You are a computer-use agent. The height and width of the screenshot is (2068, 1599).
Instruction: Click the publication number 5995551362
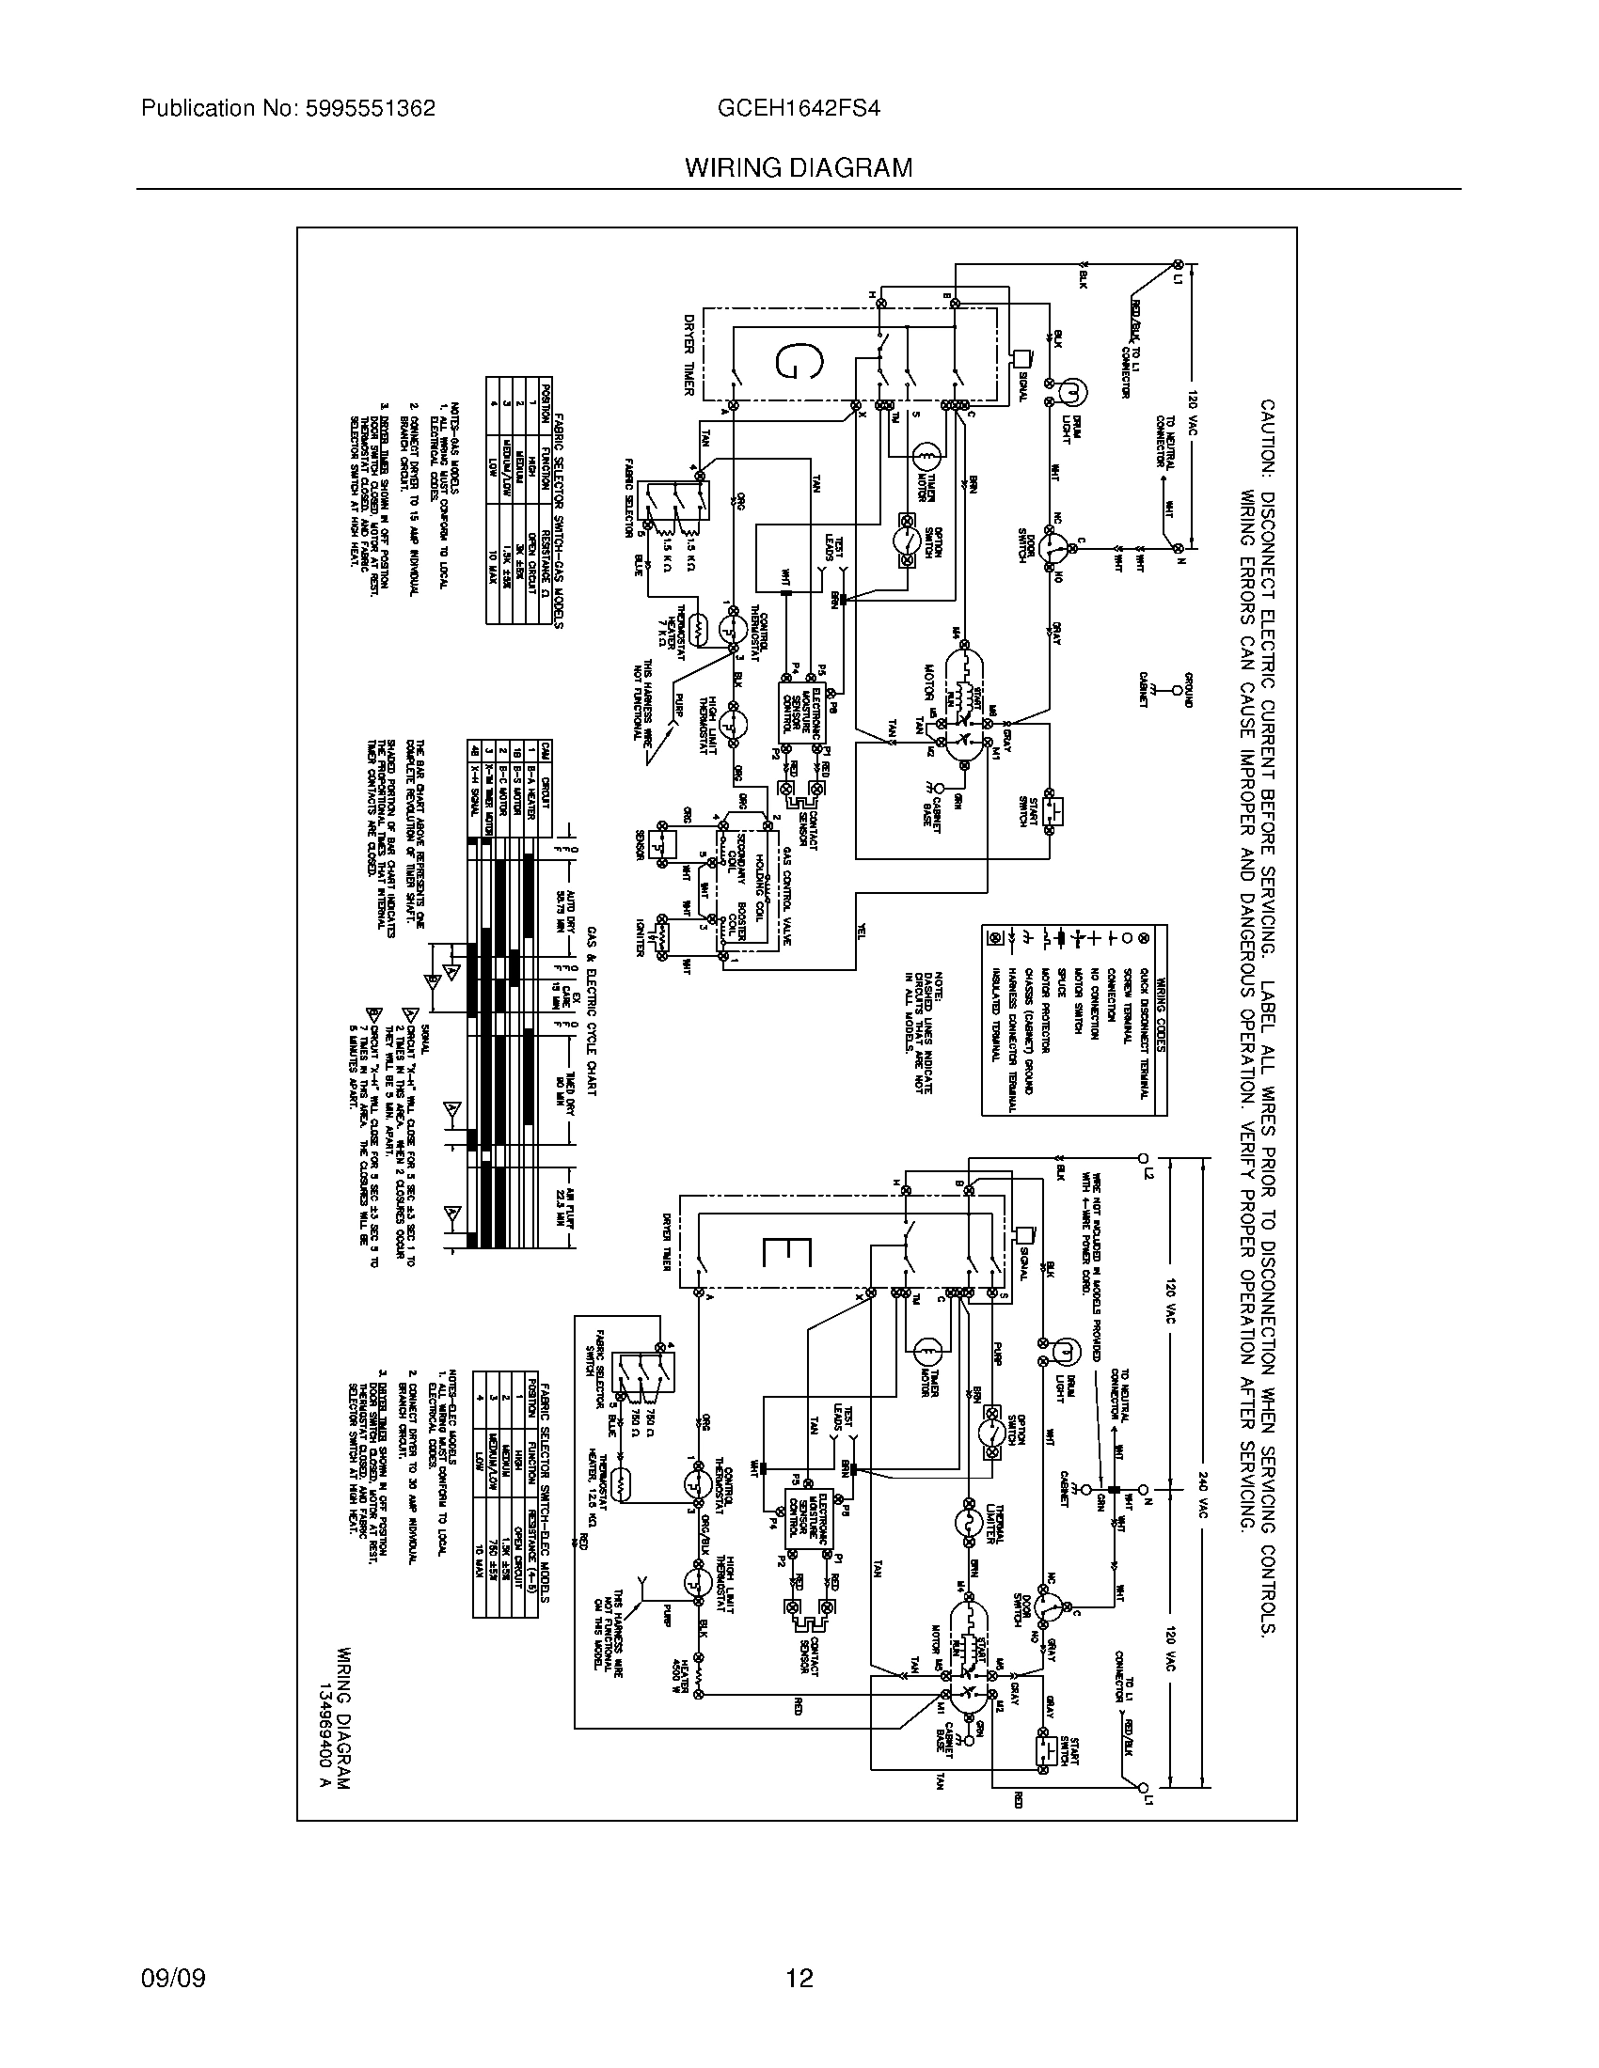(x=371, y=109)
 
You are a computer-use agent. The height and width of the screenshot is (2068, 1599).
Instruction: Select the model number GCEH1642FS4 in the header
(x=799, y=109)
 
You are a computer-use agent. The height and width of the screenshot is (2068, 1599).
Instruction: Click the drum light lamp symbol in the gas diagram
(x=1071, y=390)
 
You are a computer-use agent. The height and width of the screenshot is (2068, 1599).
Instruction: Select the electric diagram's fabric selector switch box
(x=641, y=1369)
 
